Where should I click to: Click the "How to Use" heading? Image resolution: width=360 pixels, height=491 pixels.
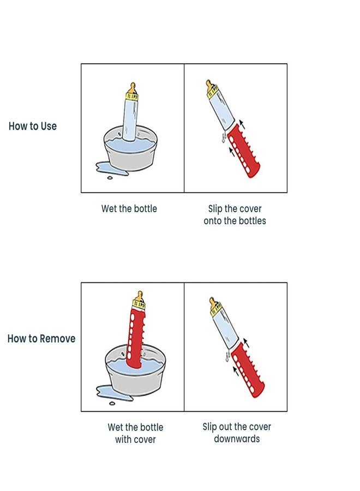click(x=33, y=126)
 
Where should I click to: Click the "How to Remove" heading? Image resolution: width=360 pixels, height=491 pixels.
click(x=41, y=338)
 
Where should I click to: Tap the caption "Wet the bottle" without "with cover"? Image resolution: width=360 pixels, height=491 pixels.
click(x=129, y=208)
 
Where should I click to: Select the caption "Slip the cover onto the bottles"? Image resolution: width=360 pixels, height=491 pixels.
click(x=235, y=215)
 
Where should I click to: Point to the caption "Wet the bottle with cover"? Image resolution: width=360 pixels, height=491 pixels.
click(x=135, y=433)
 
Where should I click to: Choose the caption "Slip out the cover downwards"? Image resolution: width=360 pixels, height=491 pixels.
click(x=237, y=433)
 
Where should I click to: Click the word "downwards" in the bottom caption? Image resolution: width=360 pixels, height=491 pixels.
click(x=237, y=439)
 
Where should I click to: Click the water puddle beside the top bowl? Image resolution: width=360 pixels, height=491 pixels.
click(x=106, y=167)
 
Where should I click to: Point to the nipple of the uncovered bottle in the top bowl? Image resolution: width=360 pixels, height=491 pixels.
click(x=133, y=88)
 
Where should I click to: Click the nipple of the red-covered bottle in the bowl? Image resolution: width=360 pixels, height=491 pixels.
click(x=140, y=296)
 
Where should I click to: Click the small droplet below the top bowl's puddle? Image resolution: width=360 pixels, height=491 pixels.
click(x=110, y=178)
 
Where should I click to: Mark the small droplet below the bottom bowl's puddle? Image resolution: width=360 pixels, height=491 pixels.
click(x=112, y=404)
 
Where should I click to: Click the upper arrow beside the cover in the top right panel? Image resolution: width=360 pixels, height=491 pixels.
click(x=242, y=124)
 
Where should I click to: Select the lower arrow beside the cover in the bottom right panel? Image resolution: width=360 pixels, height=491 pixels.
click(x=236, y=371)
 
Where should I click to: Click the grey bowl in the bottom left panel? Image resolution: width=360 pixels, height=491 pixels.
click(x=135, y=370)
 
